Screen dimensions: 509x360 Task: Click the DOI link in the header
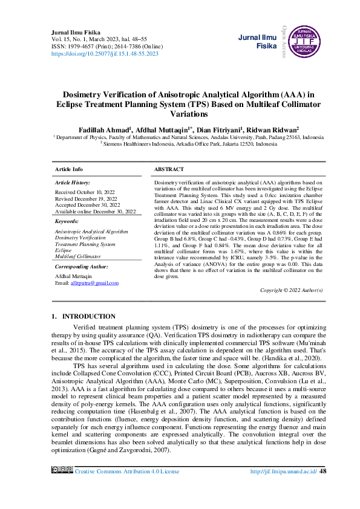coord(105,54)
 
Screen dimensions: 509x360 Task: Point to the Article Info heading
coord(69,169)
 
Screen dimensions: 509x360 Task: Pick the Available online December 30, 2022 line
coord(95,212)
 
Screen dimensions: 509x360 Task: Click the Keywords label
coord(67,221)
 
